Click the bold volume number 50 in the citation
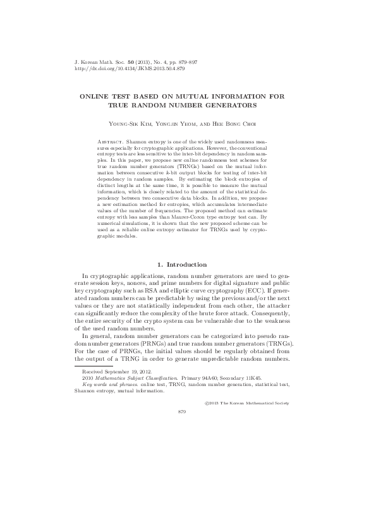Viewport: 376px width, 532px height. pyautogui.click(x=131, y=61)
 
